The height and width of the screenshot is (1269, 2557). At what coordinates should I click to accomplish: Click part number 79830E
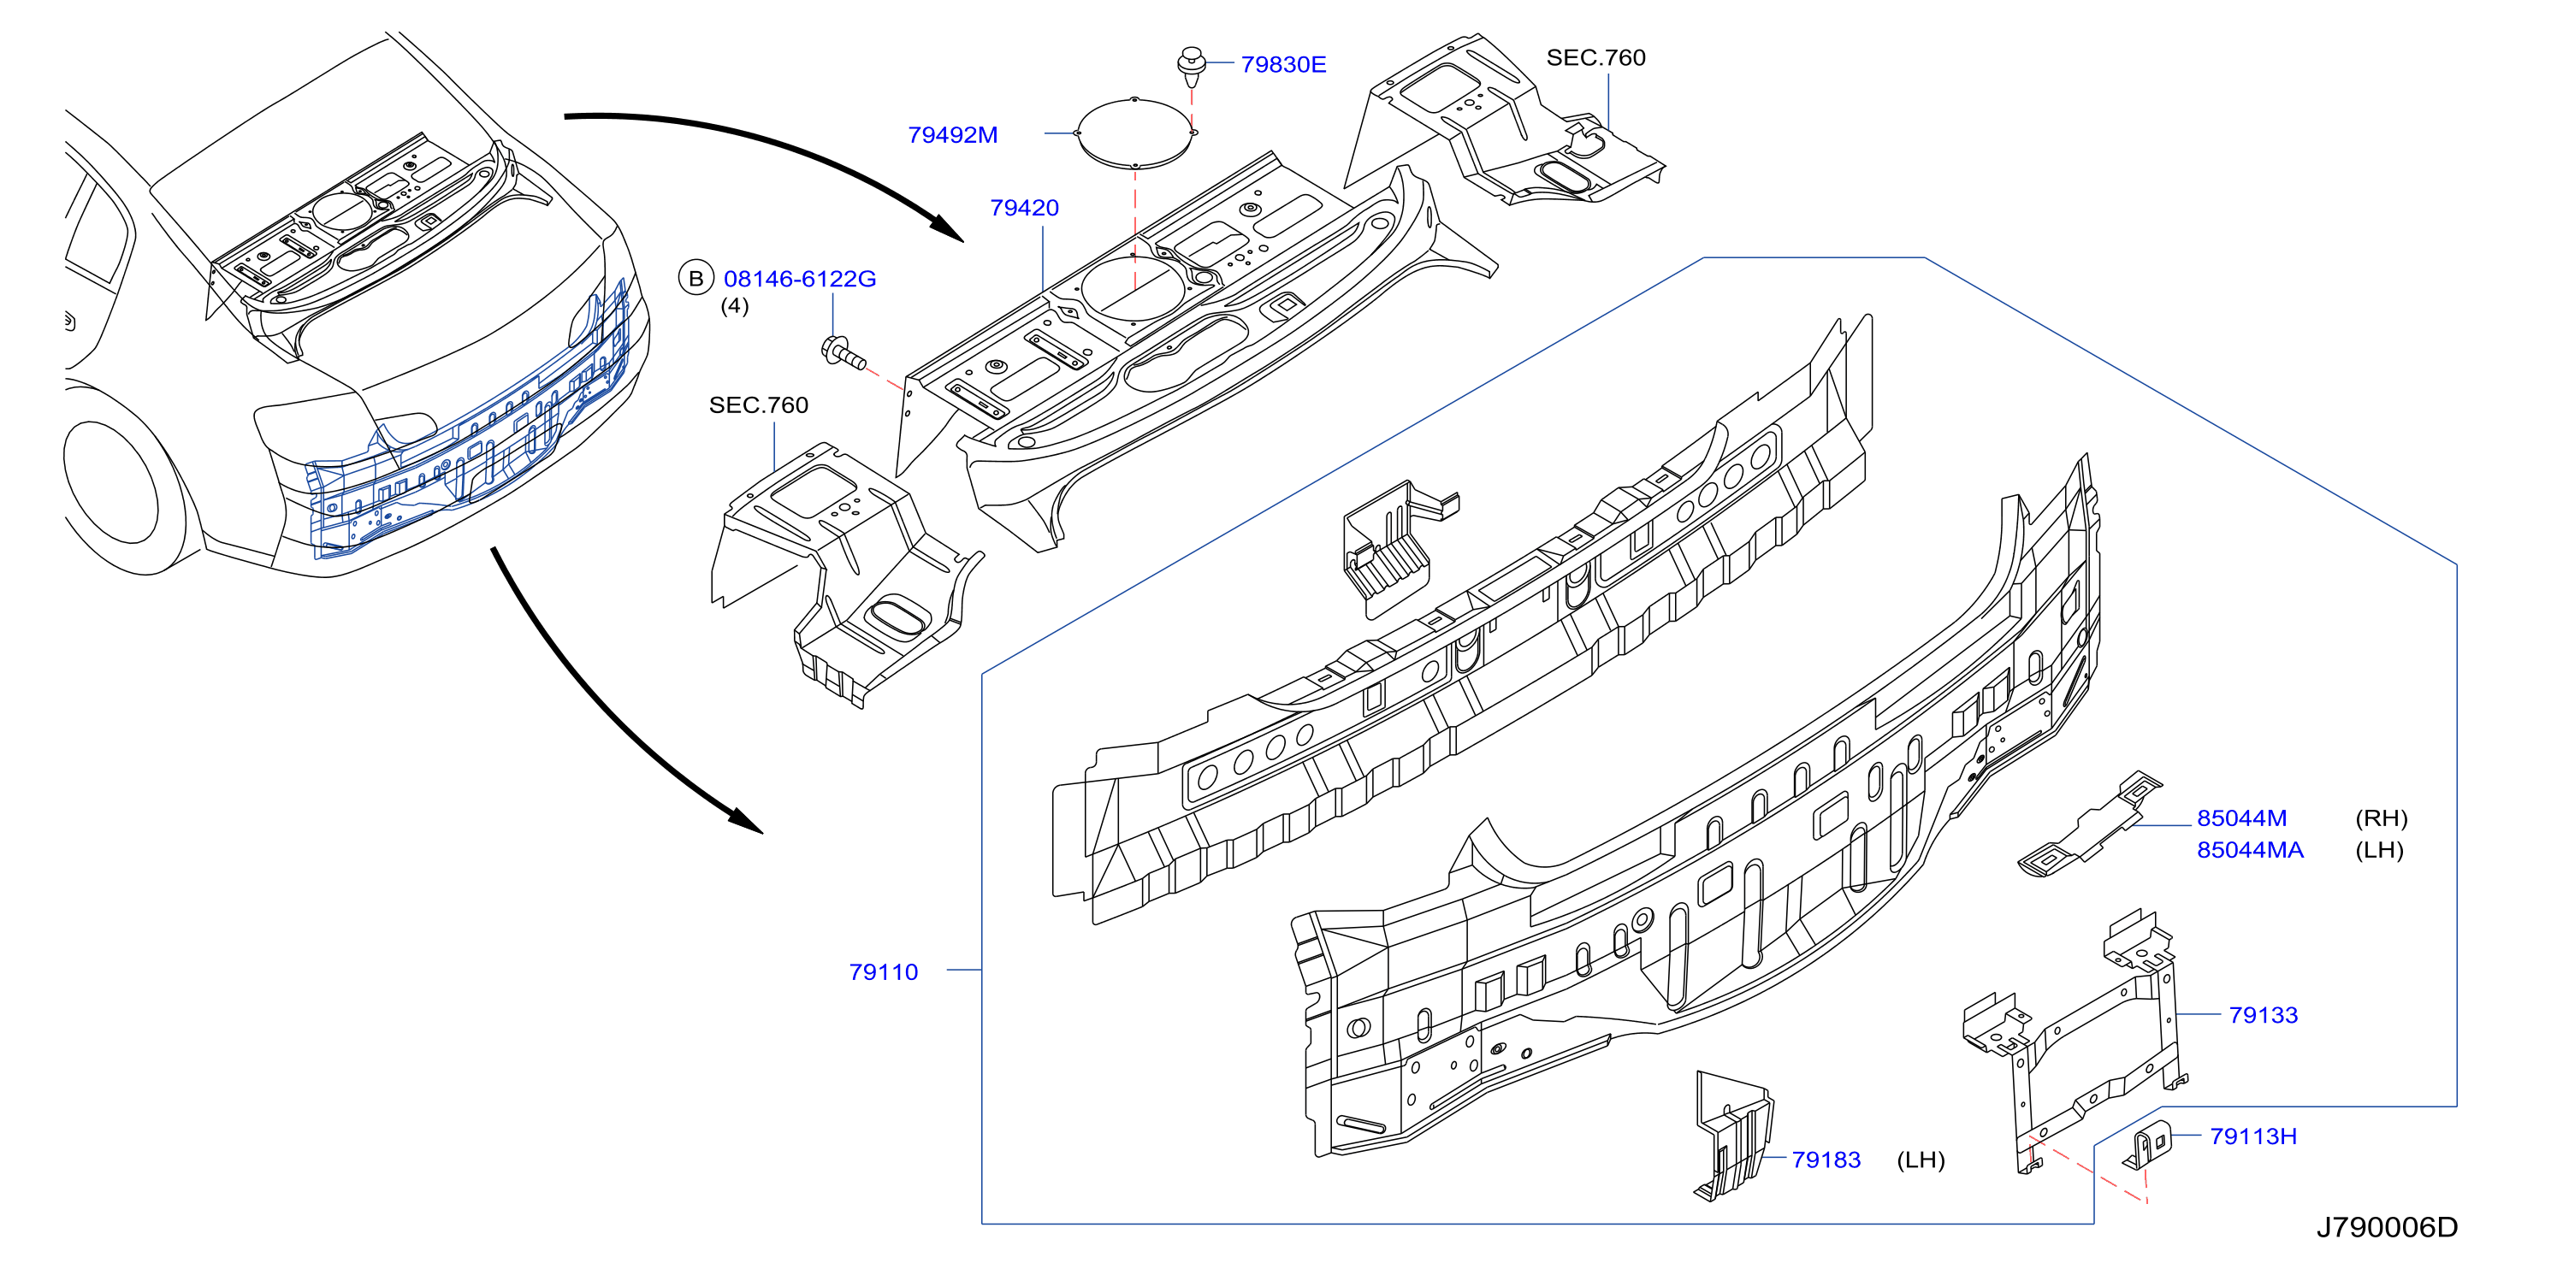click(1282, 64)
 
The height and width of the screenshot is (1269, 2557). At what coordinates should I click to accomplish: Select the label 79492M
click(952, 135)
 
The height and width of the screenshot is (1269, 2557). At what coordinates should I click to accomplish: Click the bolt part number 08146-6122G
click(799, 280)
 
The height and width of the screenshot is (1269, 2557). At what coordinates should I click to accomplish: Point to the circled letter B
click(695, 279)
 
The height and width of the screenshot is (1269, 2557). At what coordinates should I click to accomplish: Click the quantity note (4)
click(735, 307)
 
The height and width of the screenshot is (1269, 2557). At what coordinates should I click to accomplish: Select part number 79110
click(883, 972)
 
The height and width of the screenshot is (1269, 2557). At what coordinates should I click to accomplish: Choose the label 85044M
click(2241, 818)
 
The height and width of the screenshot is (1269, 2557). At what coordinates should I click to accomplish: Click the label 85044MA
click(2249, 850)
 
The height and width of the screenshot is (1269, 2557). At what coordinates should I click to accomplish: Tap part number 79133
click(2264, 1015)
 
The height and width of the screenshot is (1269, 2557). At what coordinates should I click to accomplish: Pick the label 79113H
click(2253, 1137)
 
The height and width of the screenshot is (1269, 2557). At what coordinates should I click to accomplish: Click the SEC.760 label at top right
click(1595, 57)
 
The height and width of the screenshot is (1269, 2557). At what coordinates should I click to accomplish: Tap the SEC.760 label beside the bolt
click(758, 404)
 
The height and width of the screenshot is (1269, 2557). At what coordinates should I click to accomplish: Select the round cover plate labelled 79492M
click(1134, 133)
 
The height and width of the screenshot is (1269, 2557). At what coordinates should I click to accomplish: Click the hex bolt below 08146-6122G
click(843, 353)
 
